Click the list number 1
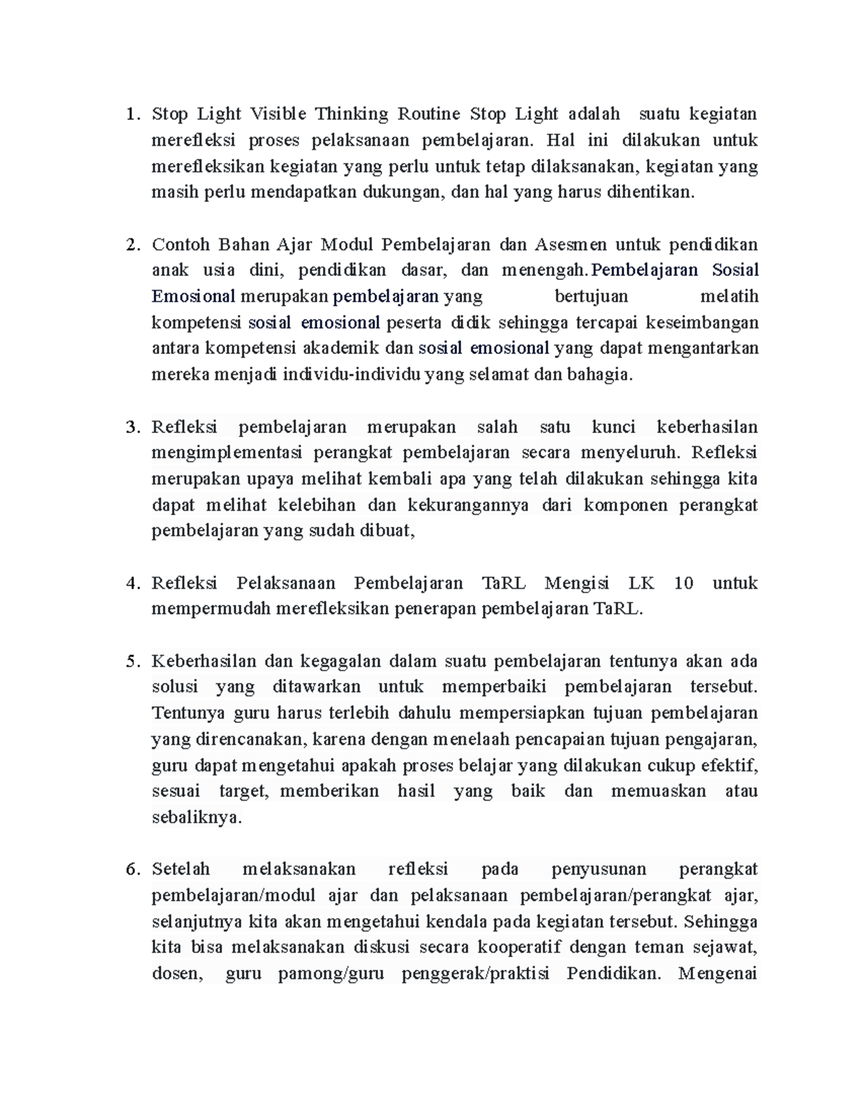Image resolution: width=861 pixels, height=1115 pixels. click(x=130, y=114)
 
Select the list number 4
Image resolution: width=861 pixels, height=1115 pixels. click(x=131, y=583)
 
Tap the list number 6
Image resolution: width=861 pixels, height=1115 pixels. click(x=131, y=869)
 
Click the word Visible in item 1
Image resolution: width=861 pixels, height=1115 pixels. click(x=278, y=113)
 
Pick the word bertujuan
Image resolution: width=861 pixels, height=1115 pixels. click(x=591, y=297)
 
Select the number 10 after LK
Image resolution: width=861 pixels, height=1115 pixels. click(x=684, y=583)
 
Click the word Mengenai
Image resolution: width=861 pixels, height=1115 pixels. click(x=717, y=974)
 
